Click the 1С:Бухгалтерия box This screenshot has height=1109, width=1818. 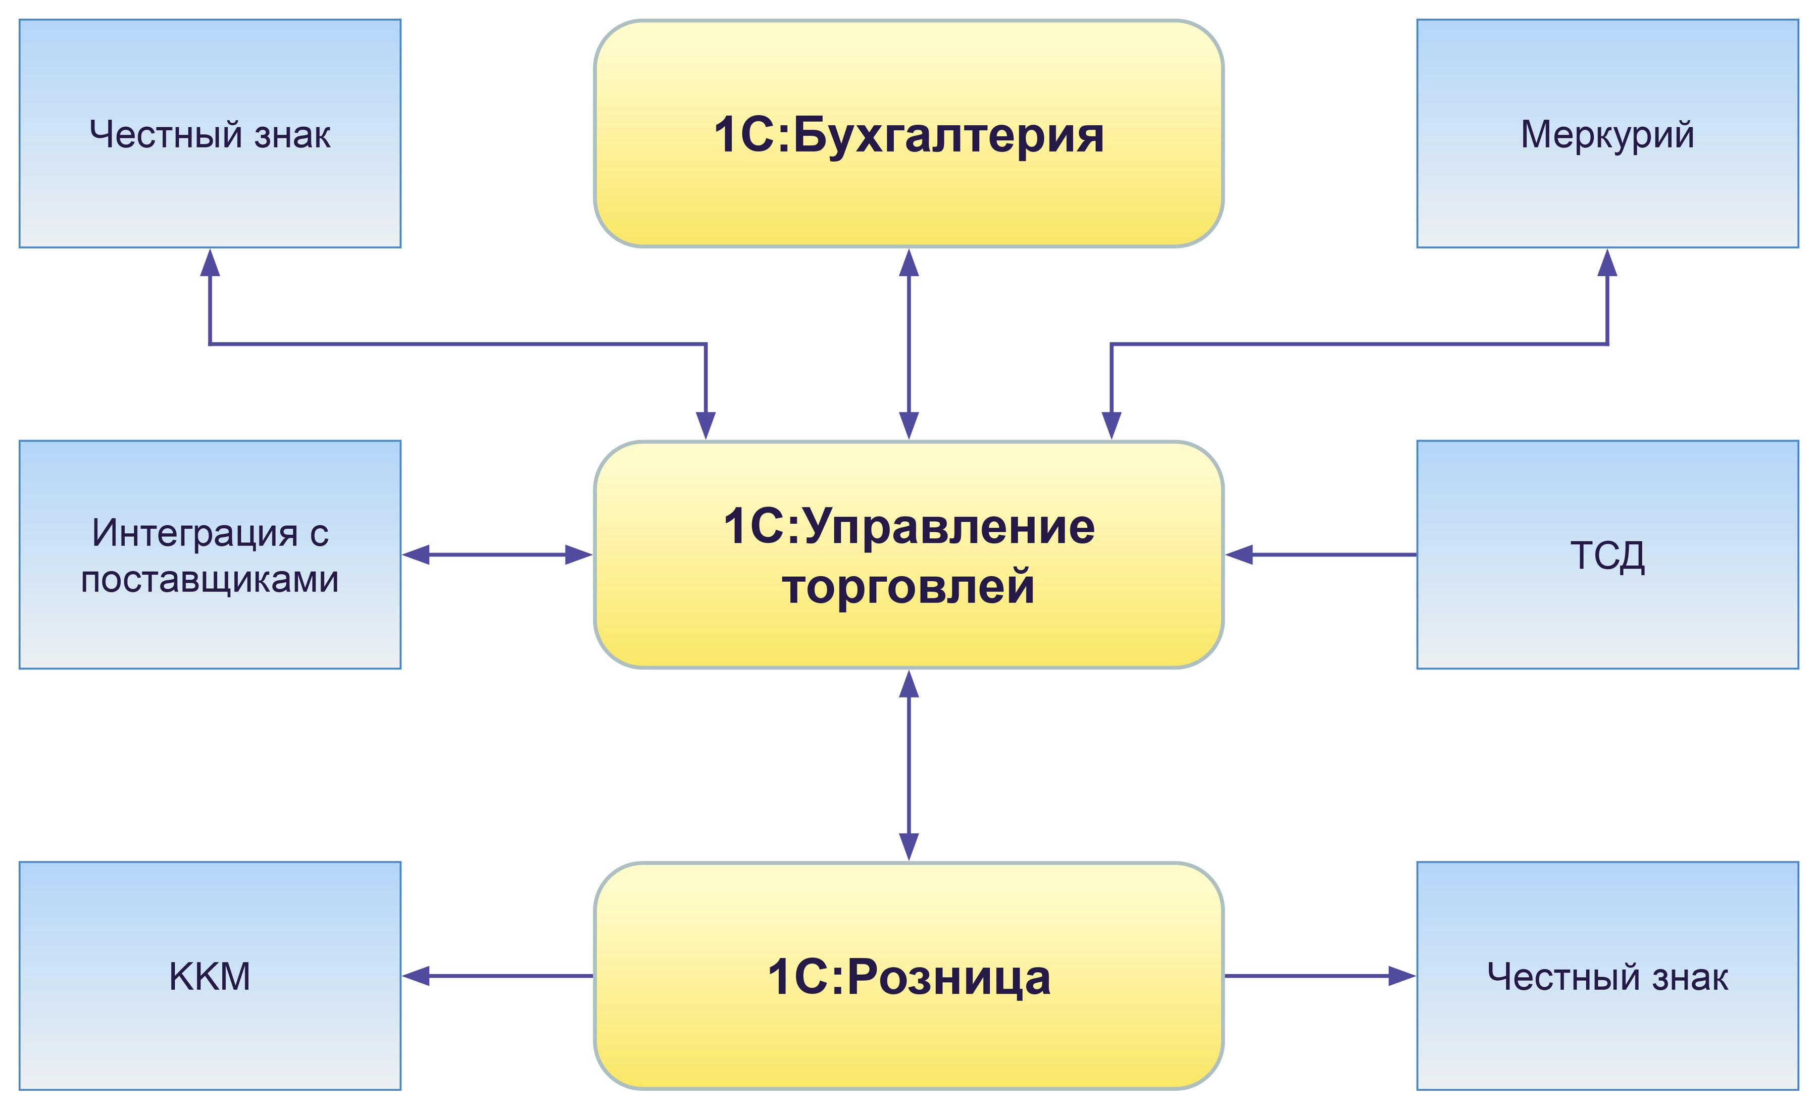pos(908,133)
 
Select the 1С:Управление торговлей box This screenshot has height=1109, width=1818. pos(908,555)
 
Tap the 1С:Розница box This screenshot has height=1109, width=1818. pos(908,976)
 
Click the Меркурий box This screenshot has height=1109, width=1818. pos(1607,133)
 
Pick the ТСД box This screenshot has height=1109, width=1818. pos(1607,555)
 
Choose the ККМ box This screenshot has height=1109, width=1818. pos(210,976)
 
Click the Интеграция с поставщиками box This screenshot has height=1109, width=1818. pos(210,555)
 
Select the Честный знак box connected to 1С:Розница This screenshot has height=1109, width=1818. pos(1607,976)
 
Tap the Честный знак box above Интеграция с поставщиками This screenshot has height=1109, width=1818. pos(210,133)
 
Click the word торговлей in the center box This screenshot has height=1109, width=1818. pos(908,587)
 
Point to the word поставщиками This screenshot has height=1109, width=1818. pos(210,579)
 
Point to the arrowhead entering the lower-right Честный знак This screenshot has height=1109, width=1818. pos(1401,976)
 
